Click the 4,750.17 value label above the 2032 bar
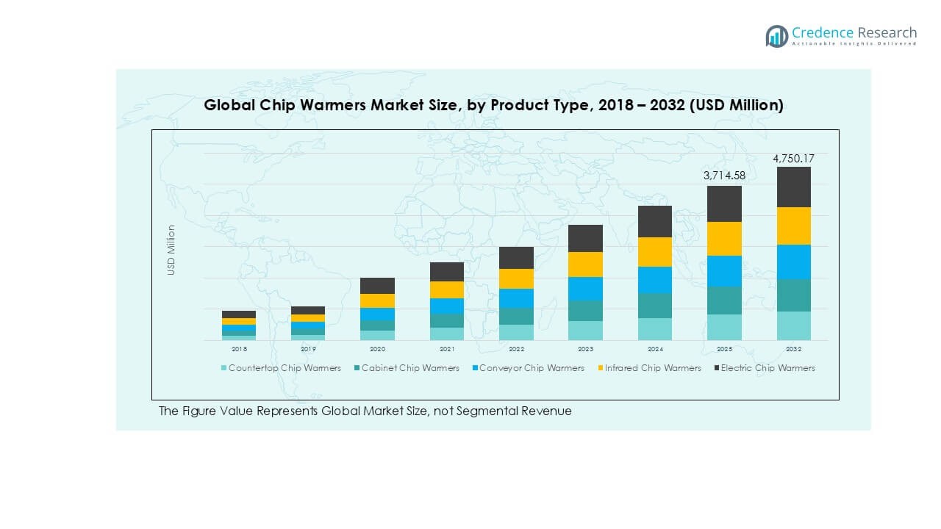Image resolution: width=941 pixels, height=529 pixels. tap(793, 159)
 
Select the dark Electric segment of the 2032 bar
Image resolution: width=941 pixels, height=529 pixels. tap(794, 187)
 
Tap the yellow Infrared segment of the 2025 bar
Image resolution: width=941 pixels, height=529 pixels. tap(724, 239)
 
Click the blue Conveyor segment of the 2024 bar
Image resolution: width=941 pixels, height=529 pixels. tap(654, 280)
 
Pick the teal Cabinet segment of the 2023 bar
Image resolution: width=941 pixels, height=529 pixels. tap(585, 311)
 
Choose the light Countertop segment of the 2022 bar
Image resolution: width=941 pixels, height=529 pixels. tap(516, 332)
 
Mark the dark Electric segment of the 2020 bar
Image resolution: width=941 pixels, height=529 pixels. tap(377, 286)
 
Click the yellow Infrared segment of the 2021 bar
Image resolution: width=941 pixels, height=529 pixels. tap(447, 289)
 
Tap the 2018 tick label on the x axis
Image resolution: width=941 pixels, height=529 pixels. tap(239, 349)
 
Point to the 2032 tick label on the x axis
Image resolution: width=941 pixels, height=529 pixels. tap(794, 349)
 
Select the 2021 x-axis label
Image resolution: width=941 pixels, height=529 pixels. tap(447, 349)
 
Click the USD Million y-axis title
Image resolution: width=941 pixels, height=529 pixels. tap(171, 250)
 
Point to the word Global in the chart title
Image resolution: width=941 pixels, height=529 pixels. tap(229, 106)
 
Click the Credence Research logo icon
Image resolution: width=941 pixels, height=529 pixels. tap(776, 36)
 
